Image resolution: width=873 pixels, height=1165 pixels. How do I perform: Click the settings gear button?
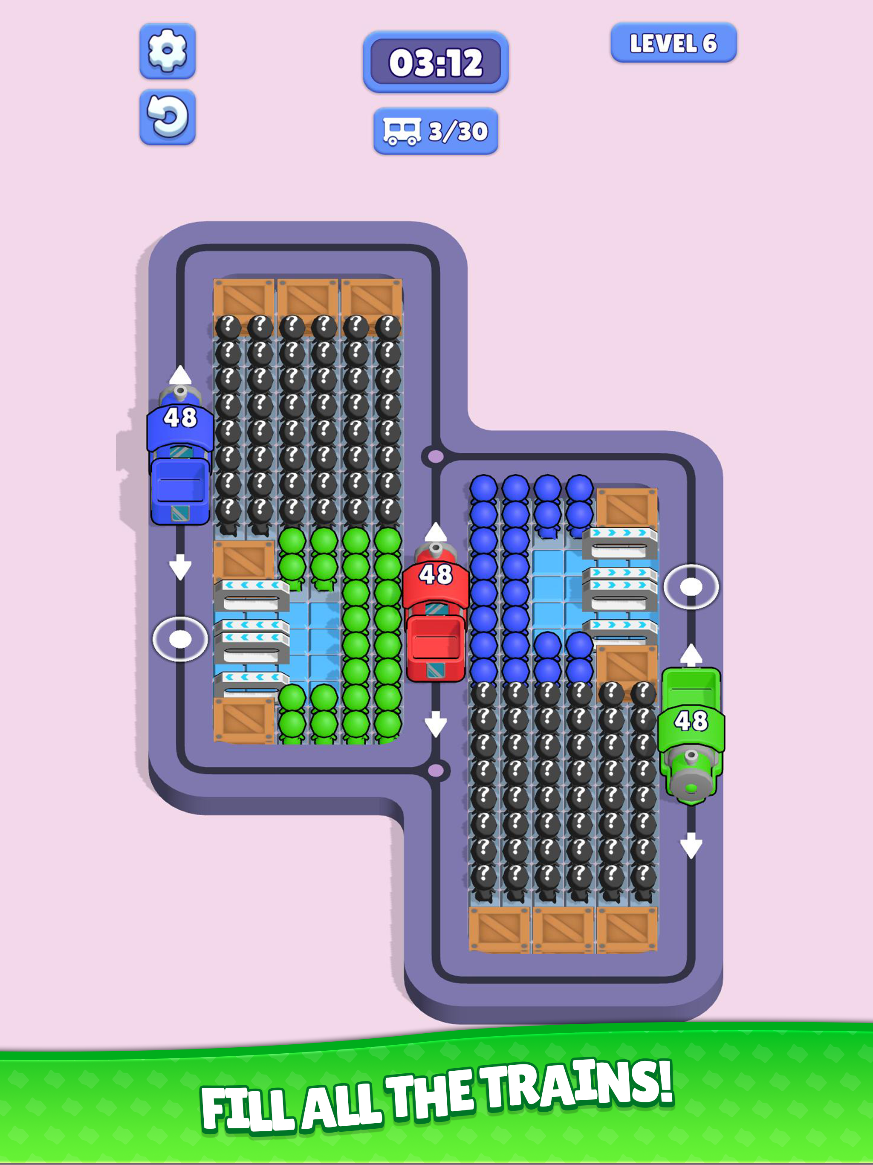[x=168, y=51]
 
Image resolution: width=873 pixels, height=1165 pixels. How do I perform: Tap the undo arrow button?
[x=168, y=117]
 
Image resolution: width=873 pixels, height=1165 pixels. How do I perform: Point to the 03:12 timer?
[x=436, y=62]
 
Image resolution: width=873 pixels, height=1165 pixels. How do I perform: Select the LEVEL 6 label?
[x=674, y=43]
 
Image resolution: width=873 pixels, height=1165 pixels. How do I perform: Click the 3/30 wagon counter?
[x=436, y=131]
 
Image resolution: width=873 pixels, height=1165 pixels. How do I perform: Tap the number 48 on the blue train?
[x=180, y=417]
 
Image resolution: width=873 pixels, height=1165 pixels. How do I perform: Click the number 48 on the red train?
[x=436, y=574]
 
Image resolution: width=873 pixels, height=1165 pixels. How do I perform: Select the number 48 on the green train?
[x=691, y=721]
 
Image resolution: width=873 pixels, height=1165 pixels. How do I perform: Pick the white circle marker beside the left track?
[x=180, y=639]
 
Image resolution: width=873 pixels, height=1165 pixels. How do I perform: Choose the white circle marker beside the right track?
[x=691, y=587]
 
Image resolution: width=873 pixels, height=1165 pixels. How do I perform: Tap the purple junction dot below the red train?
[x=436, y=771]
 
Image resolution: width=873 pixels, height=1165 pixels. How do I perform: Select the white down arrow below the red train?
[x=436, y=724]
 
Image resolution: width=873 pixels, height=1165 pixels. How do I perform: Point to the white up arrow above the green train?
[x=691, y=655]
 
